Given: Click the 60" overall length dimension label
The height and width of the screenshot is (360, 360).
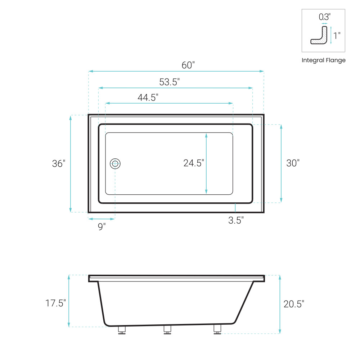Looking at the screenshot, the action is click(188, 65).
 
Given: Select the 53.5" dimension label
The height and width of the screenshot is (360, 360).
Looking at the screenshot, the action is click(170, 82).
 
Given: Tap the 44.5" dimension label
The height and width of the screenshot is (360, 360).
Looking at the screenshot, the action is click(148, 98).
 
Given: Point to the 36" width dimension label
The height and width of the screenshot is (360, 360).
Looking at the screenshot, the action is click(59, 164).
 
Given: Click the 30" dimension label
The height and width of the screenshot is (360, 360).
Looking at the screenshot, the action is click(293, 163).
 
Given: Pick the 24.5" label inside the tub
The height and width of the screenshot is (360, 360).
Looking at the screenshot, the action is click(194, 163).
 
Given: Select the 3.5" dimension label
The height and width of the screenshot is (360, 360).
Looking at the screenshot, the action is click(236, 220).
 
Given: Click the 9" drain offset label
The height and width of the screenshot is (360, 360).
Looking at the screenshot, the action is click(102, 226).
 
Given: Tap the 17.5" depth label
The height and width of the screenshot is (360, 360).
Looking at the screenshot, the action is click(55, 303).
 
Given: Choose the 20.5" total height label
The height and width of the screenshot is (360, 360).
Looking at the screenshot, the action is click(294, 304).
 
